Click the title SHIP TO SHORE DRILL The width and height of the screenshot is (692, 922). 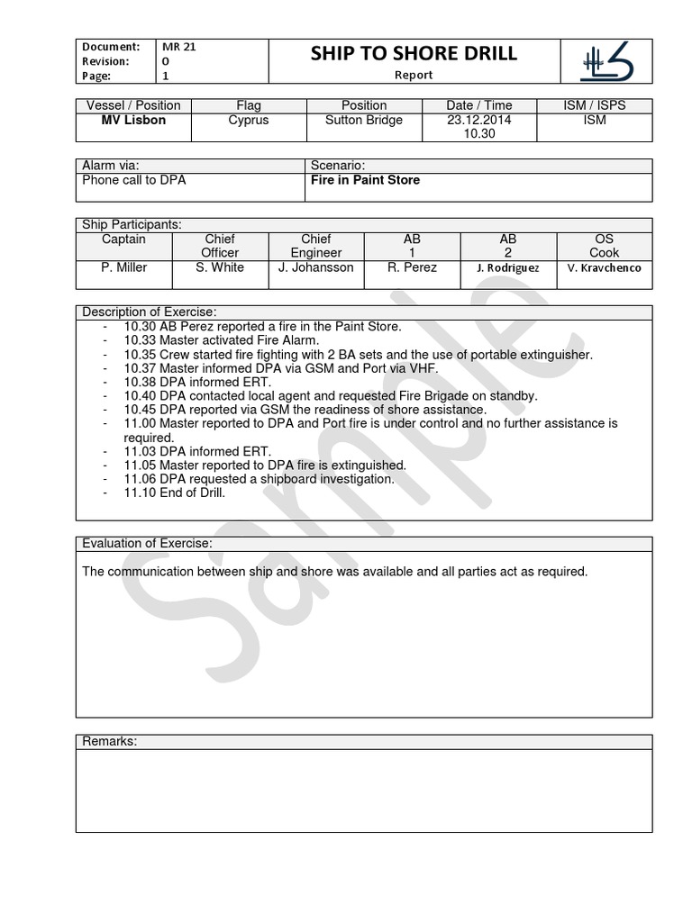click(414, 53)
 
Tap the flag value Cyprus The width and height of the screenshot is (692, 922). click(249, 120)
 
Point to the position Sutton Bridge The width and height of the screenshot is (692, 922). click(364, 120)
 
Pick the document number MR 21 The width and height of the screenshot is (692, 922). click(178, 46)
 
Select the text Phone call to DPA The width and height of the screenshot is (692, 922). click(134, 180)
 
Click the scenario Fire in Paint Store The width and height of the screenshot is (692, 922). click(365, 180)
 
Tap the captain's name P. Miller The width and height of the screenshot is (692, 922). click(124, 267)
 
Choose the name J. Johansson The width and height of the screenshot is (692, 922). click(316, 267)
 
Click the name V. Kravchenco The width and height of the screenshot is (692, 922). click(605, 268)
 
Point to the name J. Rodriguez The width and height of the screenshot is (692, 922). click(508, 268)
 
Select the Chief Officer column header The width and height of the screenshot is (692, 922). click(220, 246)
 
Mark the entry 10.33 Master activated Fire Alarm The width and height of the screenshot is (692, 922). click(221, 340)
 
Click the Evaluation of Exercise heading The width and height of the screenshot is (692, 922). click(148, 543)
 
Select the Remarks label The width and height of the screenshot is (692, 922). click(109, 741)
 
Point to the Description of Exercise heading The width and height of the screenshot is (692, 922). click(150, 312)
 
